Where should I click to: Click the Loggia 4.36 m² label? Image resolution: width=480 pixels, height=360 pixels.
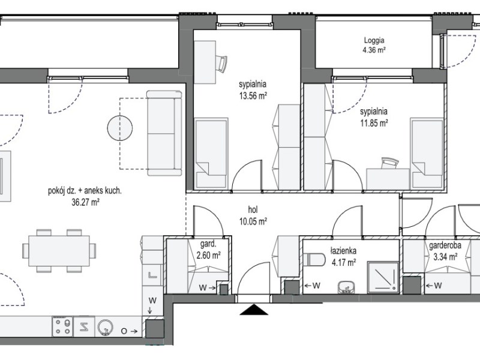374,45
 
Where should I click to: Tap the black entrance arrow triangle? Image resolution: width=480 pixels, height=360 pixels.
254,309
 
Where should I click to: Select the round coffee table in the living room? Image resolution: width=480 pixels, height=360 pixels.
120,128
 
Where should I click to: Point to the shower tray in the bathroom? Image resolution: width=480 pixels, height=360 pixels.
383,277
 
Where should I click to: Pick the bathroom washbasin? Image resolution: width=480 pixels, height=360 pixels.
346,287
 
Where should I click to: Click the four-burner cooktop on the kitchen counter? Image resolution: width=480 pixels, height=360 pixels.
62,326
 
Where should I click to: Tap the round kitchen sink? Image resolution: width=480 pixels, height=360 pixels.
105,327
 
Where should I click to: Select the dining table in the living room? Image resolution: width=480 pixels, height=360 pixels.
59,251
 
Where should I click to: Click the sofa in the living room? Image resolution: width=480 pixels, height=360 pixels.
164,133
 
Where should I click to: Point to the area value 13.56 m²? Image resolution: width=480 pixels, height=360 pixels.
253,96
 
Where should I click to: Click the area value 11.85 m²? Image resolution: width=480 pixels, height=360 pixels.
374,124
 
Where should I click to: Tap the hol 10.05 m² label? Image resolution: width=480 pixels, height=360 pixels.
253,215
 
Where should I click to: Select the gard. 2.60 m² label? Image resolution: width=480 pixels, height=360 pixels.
208,250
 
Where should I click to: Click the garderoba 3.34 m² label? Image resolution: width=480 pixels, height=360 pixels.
445,251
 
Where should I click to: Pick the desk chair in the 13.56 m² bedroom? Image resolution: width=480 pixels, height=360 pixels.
221,64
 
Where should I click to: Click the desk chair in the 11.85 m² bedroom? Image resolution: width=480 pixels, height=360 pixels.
389,163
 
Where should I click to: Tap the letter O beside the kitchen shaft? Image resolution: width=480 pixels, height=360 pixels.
124,331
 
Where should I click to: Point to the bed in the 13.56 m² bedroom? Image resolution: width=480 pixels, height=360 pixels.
212,153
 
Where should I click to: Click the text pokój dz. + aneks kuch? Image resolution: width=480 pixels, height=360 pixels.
85,191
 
